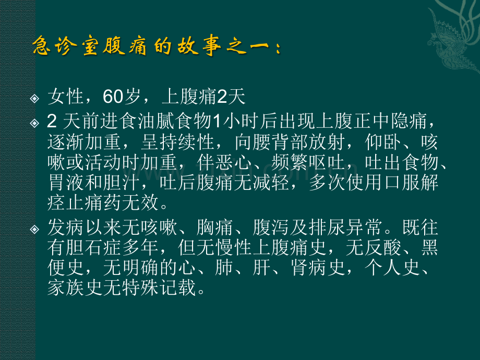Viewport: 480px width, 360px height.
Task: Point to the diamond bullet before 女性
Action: coord(34,99)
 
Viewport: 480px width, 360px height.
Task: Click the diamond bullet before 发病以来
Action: coord(34,229)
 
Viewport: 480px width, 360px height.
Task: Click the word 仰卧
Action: coord(382,142)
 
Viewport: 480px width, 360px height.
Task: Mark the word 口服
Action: coord(401,183)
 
